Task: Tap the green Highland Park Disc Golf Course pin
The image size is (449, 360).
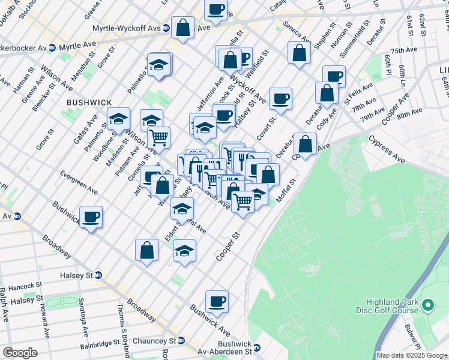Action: coord(427,306)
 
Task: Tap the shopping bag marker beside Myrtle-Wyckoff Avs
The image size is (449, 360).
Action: coord(182,28)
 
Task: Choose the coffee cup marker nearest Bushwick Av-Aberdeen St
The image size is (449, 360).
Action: coord(217,301)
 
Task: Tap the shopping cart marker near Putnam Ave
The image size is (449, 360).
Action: coord(158,137)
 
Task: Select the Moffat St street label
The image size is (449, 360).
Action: coord(286,190)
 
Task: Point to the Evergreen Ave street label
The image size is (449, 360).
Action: coord(79,182)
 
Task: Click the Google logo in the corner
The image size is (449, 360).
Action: coord(20,353)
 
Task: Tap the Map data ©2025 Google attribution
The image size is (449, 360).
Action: coord(412,355)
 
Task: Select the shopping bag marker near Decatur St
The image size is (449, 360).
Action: coord(305,144)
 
